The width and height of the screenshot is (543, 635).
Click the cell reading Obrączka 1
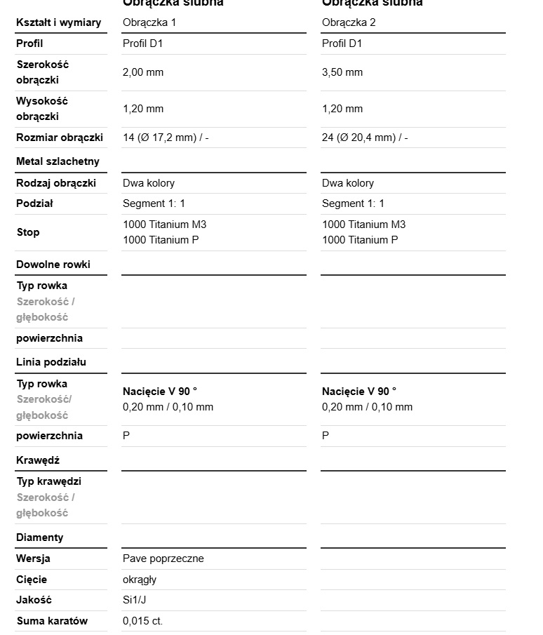coord(149,22)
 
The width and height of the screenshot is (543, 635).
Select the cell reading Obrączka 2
coord(349,22)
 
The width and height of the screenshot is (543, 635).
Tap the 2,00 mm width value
coord(143,72)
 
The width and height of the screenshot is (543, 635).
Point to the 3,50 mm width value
coord(342,72)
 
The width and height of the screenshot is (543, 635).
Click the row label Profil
coord(29,44)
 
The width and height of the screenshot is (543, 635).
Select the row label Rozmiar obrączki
coord(60,138)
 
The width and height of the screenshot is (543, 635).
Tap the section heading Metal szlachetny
coord(58,161)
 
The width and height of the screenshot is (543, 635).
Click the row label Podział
coord(35,203)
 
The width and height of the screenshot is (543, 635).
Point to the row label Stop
coord(28,232)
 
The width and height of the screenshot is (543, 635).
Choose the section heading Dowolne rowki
coord(53,265)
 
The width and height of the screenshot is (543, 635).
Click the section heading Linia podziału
coord(51,362)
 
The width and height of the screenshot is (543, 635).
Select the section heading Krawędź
coord(38,460)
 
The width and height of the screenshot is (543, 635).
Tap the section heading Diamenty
coord(40,537)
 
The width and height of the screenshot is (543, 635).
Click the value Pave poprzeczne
coord(163,559)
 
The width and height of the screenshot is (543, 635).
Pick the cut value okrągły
coord(140,580)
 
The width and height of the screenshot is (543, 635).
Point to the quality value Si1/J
coord(135,600)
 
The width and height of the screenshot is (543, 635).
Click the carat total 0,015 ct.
coord(142,621)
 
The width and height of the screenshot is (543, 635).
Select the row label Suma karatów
coord(53,621)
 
